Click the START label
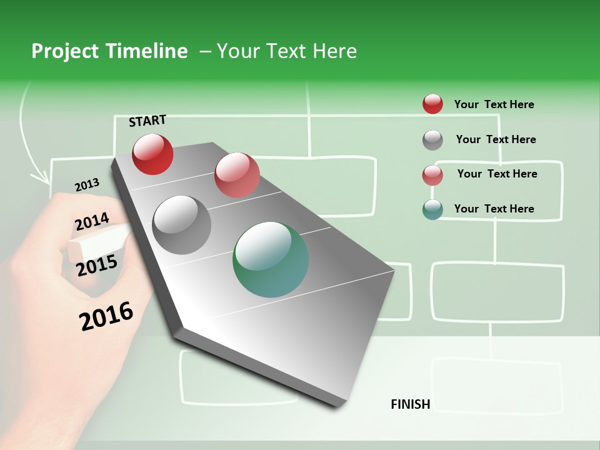coord(147,121)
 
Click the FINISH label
coord(411,404)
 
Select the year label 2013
coord(87,185)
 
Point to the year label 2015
coord(97,266)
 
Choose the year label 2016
coord(107,316)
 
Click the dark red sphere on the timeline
coord(152,154)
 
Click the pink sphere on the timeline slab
coord(237,175)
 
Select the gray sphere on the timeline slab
coord(182,225)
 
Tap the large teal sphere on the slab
coord(271,259)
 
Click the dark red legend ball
coord(432,104)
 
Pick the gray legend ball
coord(432,140)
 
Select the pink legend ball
coord(432,175)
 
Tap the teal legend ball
coord(432,209)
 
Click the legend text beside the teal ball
coord(494,209)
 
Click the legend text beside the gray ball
coord(496,139)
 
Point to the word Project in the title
coord(65,51)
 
